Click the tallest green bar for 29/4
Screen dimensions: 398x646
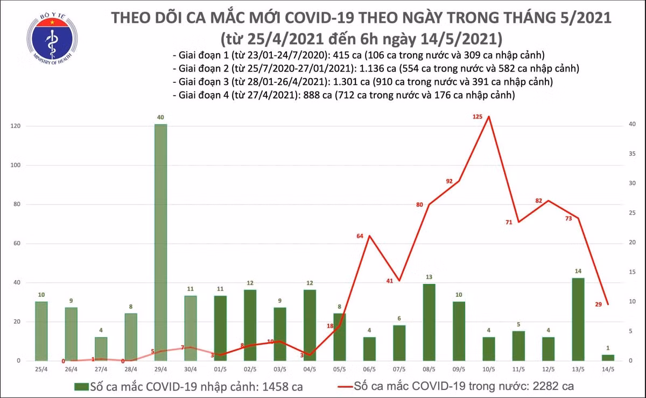[160, 242]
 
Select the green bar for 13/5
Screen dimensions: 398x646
[578, 319]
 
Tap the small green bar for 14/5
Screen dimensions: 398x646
[608, 358]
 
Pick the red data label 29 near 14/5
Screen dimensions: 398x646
[598, 305]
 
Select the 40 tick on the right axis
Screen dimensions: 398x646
[633, 125]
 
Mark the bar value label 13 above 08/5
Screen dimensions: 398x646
[429, 277]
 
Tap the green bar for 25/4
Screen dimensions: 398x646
[41, 331]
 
